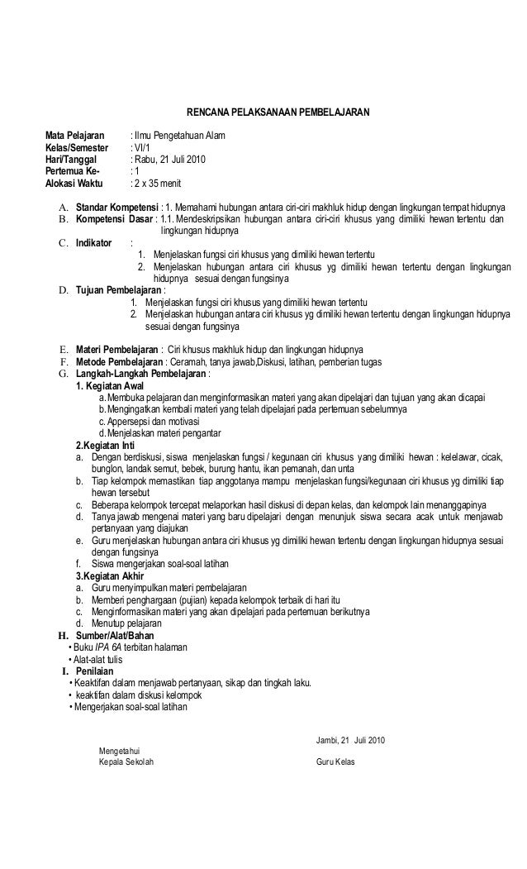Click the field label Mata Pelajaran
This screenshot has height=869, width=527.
(75, 135)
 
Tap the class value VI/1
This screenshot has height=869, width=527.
(145, 147)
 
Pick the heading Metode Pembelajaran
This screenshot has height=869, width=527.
(116, 362)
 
